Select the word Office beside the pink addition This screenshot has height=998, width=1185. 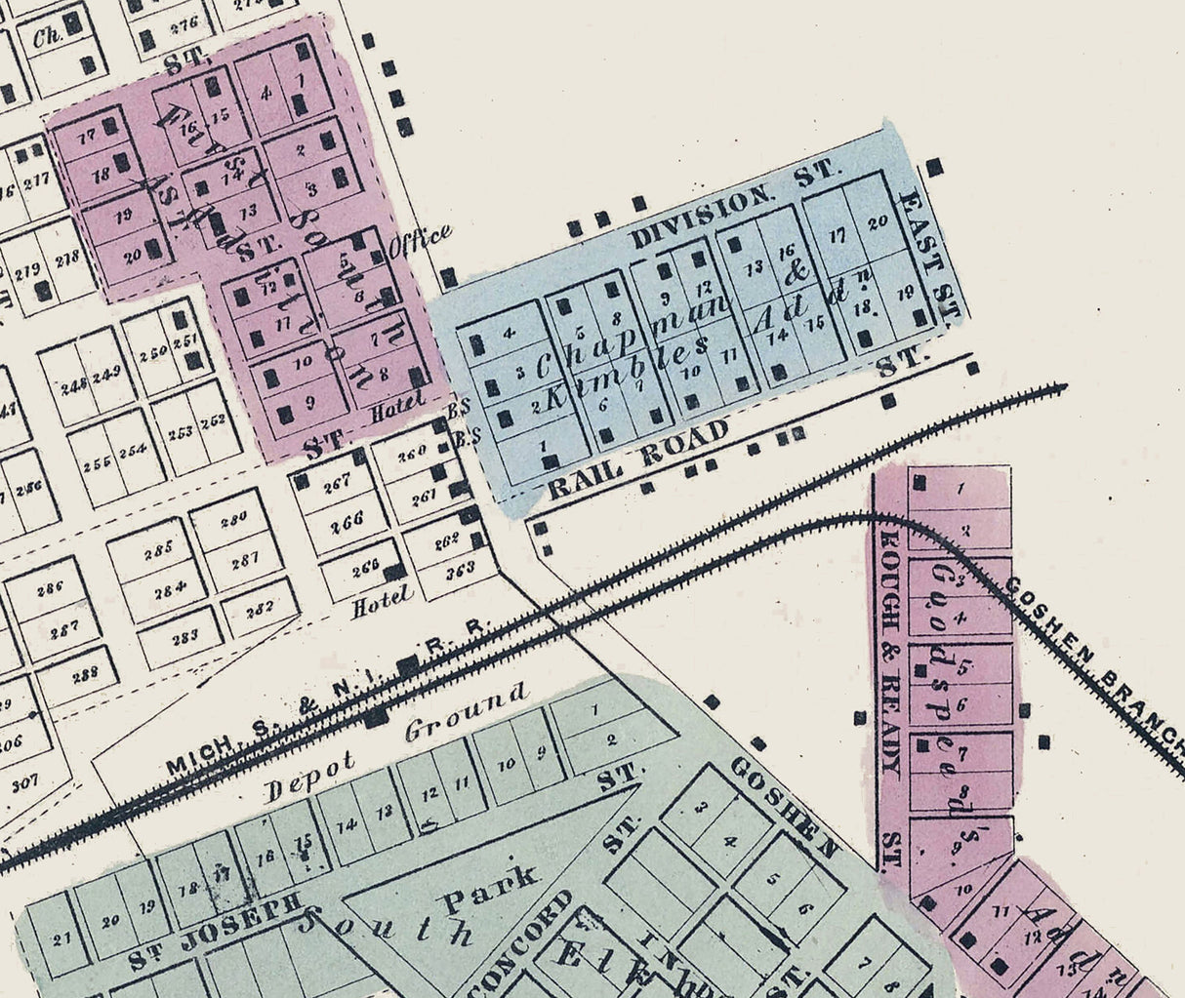coord(420,240)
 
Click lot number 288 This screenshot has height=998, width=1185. coord(86,673)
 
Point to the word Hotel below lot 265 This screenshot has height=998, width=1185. coord(382,606)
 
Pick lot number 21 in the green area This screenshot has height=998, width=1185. coord(63,939)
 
